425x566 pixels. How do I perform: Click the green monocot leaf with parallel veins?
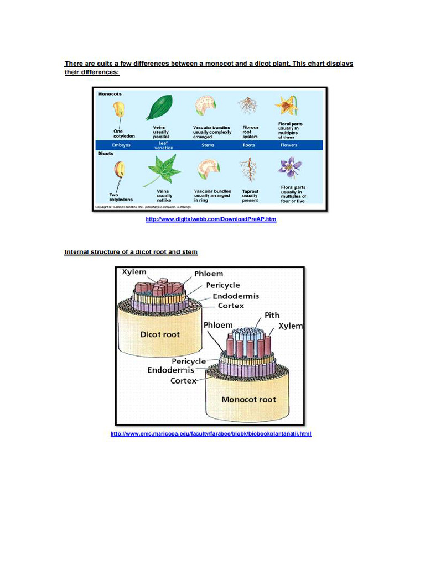pyautogui.click(x=159, y=107)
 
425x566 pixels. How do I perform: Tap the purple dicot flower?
pyautogui.click(x=289, y=166)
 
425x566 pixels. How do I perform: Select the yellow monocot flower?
pyautogui.click(x=287, y=105)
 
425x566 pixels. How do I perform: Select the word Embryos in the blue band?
pyautogui.click(x=121, y=145)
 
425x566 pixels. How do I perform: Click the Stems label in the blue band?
pyautogui.click(x=208, y=145)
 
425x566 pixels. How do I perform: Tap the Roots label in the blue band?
pyautogui.click(x=249, y=145)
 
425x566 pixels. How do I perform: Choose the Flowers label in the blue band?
pyautogui.click(x=289, y=145)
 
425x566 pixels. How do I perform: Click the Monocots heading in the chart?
pyautogui.click(x=110, y=94)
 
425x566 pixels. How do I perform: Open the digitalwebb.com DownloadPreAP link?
pyautogui.click(x=211, y=219)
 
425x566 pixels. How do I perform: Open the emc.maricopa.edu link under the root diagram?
pyautogui.click(x=211, y=434)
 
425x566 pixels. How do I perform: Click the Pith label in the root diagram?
pyautogui.click(x=272, y=315)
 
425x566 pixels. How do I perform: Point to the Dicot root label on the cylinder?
pyautogui.click(x=160, y=334)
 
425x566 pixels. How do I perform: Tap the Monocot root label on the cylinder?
pyautogui.click(x=248, y=399)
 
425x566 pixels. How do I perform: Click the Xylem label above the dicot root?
pyautogui.click(x=134, y=272)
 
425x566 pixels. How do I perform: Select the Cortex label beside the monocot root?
pyautogui.click(x=183, y=381)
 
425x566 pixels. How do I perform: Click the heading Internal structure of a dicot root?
pyautogui.click(x=131, y=252)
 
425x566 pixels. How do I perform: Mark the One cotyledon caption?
pyautogui.click(x=124, y=134)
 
